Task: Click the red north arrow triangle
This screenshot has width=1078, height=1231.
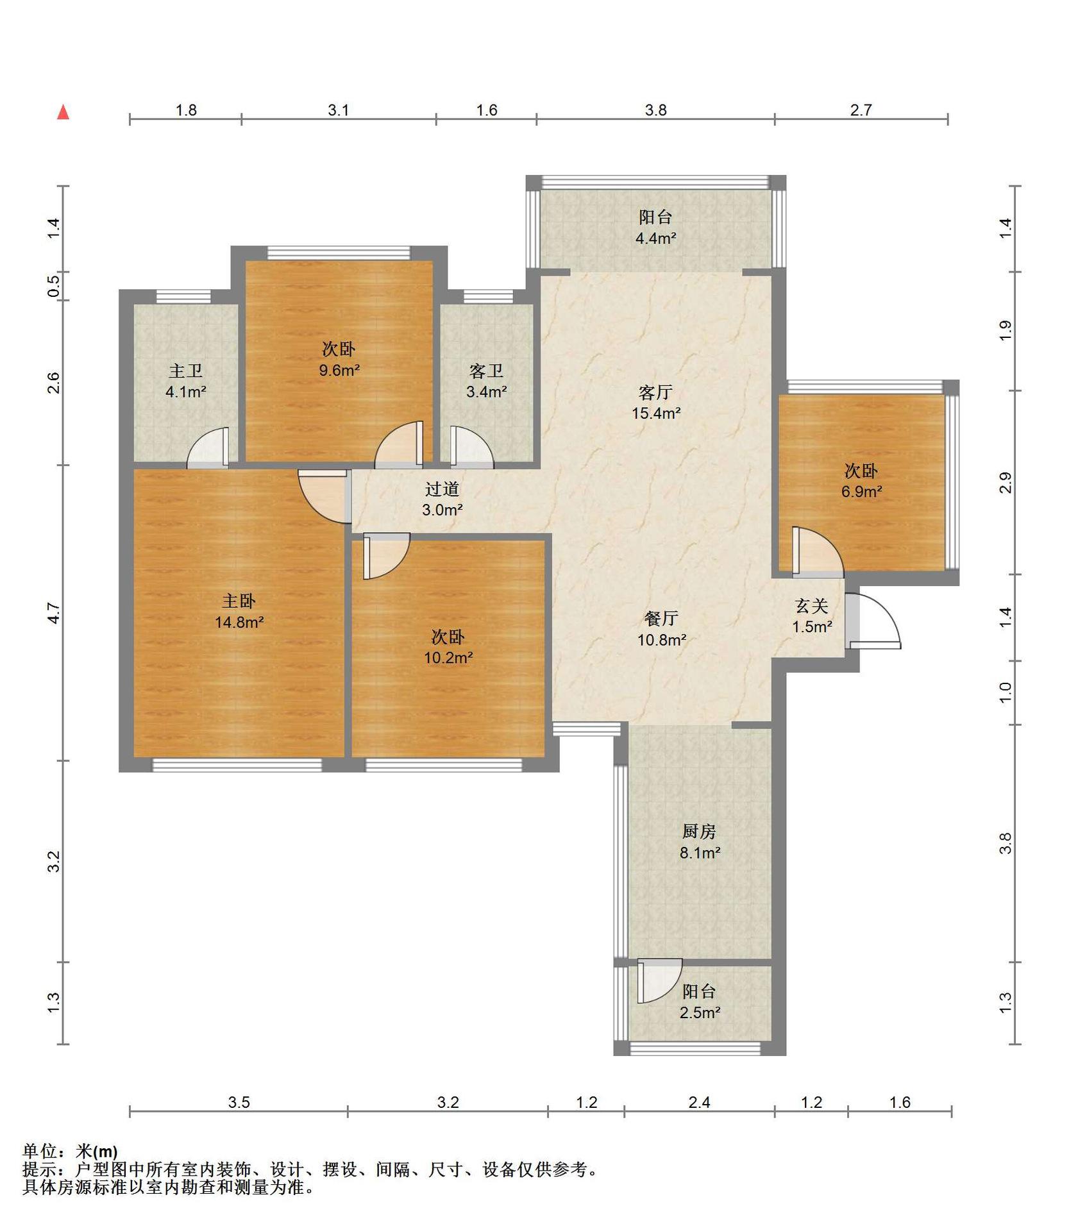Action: tap(63, 112)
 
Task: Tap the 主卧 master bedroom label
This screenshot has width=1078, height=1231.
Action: tap(239, 601)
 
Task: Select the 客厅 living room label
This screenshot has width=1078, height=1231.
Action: tap(655, 392)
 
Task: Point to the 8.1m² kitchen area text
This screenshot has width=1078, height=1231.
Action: tap(700, 853)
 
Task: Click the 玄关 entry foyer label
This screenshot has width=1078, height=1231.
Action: tap(811, 605)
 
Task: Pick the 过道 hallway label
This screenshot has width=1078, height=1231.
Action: tap(442, 489)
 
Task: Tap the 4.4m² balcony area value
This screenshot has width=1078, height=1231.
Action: tap(655, 239)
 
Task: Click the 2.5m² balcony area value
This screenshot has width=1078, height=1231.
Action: tap(700, 1012)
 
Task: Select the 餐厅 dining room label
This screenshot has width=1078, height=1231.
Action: tap(661, 618)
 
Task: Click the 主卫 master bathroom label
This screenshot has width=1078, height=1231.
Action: tap(185, 371)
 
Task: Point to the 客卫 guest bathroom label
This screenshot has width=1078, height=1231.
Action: tap(486, 371)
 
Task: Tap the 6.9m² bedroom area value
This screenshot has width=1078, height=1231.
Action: tap(861, 492)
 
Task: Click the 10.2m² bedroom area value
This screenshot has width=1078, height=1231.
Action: tap(448, 657)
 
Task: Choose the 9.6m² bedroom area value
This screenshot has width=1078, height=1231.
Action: tap(339, 370)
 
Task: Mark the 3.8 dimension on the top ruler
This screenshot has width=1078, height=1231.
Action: tap(655, 110)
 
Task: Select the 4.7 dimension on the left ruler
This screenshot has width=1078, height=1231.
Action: tap(54, 613)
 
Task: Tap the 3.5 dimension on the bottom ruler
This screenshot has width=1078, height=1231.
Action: tap(239, 1102)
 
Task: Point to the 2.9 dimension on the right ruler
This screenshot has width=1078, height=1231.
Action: tap(1005, 482)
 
